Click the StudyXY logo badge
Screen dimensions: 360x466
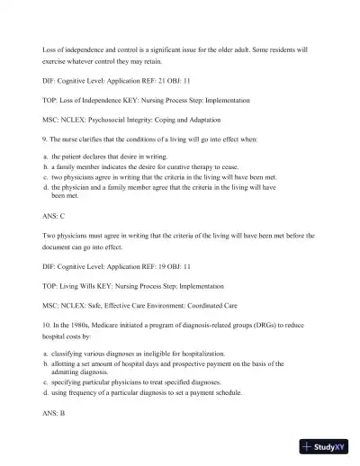click(x=327, y=447)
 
